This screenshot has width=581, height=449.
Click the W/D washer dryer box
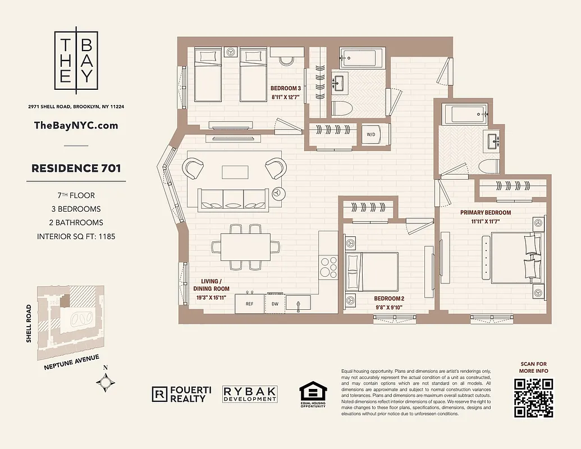(372, 135)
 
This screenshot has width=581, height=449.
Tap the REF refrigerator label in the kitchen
(249, 303)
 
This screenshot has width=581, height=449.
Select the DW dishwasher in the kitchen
(275, 303)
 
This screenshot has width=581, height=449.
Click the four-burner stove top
(328, 267)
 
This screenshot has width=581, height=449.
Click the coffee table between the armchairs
(234, 171)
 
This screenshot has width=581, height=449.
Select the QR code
(533, 398)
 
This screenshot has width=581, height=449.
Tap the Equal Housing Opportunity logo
(312, 395)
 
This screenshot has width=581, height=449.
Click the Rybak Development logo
(250, 394)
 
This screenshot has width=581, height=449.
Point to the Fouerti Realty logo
(180, 395)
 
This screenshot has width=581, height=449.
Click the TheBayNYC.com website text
(76, 125)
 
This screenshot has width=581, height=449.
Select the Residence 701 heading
(76, 168)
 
